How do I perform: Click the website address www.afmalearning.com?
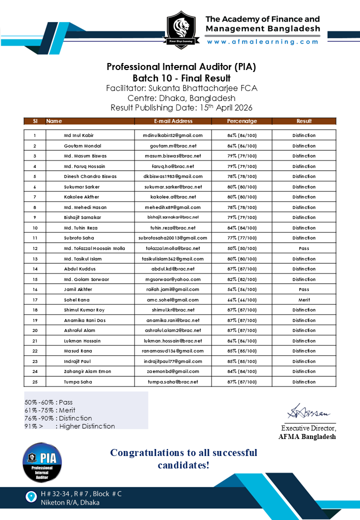coord(263,42)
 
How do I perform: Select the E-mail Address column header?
coord(173,121)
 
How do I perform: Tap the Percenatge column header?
coord(242,121)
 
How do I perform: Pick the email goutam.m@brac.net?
coord(173,146)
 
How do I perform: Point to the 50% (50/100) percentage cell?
coord(242,248)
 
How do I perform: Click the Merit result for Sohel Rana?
coord(304,300)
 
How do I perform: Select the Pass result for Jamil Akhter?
coord(304,289)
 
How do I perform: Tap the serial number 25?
coord(35,382)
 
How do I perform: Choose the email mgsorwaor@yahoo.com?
coord(173,279)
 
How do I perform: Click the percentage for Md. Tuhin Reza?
coord(242,228)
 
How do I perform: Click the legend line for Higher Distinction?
coord(70,426)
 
